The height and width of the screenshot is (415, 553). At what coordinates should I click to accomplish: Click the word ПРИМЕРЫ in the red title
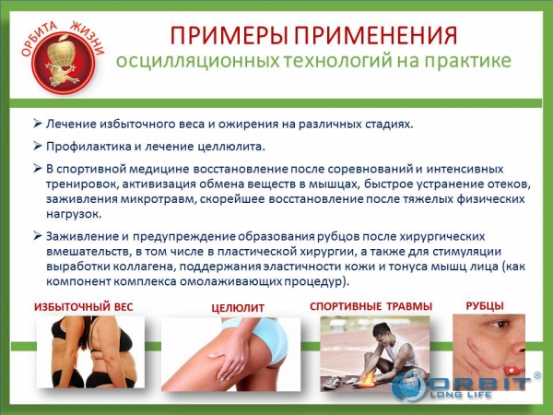coord(229,35)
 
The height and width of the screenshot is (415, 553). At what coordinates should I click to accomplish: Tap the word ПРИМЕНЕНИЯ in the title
coord(376,35)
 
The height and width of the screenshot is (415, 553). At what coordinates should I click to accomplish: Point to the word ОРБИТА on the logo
coord(38,38)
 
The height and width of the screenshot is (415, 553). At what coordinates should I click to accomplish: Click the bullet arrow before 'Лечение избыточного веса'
coord(38,124)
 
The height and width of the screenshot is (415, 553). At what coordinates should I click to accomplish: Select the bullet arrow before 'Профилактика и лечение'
coord(38,146)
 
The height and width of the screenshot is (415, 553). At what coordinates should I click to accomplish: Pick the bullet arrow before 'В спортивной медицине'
coord(38,169)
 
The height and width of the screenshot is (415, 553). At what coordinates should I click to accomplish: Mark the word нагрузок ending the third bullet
coord(74,214)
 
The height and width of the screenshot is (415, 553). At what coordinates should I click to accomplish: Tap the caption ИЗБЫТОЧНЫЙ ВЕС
coord(84,307)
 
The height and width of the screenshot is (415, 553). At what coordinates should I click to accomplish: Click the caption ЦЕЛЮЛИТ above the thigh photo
coord(238,308)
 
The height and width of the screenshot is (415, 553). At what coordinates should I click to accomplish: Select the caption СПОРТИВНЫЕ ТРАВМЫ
coord(371,306)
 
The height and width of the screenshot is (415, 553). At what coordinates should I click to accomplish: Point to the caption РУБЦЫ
coord(485,305)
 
